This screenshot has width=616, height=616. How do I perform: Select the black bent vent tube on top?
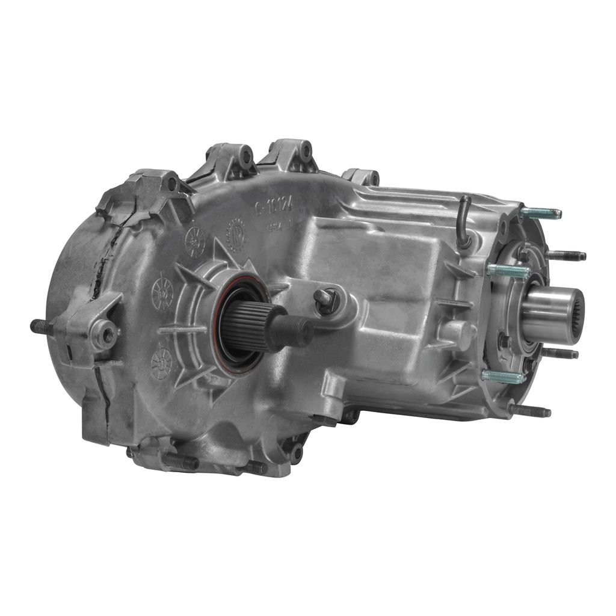click(x=464, y=221)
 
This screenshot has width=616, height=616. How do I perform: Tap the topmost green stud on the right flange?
click(x=540, y=212)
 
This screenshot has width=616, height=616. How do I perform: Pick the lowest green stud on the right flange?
click(x=502, y=376)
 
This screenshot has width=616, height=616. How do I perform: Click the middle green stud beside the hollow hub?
click(x=508, y=270)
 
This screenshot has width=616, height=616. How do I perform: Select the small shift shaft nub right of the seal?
click(x=325, y=299)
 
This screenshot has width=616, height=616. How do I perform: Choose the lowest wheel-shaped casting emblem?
click(x=161, y=362)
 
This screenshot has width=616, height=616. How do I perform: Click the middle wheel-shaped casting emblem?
click(x=162, y=294)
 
